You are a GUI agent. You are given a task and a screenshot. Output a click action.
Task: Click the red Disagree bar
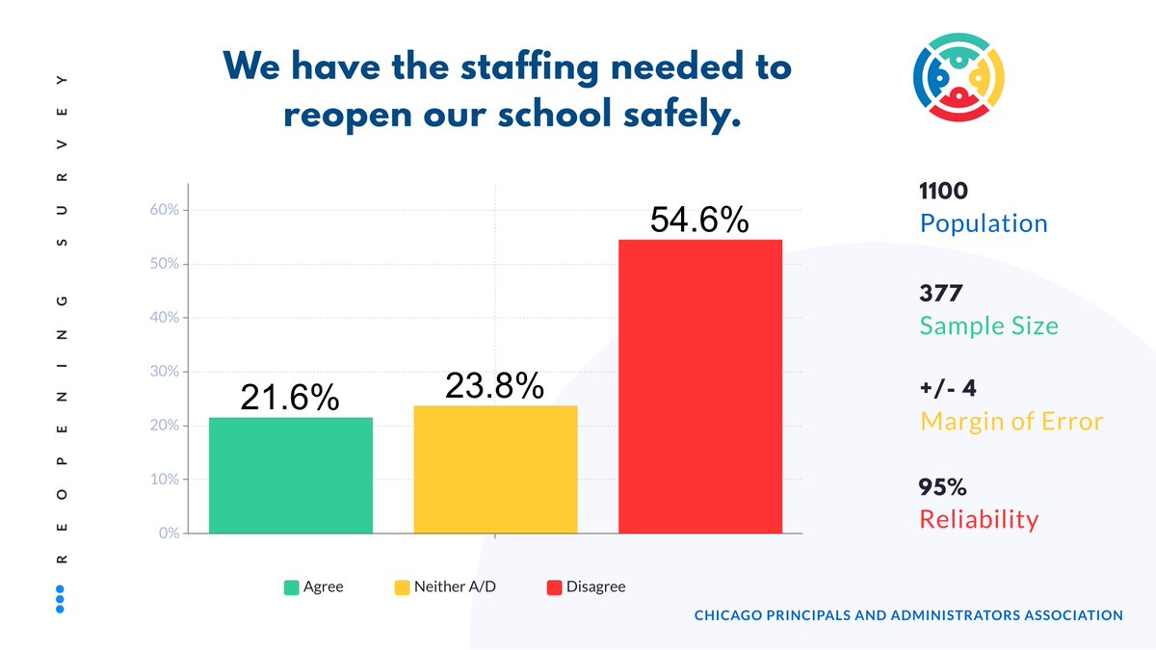(699, 386)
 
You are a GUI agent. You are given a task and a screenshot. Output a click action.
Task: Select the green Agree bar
(290, 475)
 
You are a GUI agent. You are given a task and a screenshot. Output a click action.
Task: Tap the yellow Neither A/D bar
(495, 469)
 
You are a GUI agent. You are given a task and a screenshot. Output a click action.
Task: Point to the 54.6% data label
(699, 221)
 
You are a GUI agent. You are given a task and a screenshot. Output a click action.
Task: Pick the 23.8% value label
(494, 386)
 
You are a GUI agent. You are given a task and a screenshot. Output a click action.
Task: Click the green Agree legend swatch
(291, 587)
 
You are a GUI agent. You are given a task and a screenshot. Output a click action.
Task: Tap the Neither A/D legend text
(455, 587)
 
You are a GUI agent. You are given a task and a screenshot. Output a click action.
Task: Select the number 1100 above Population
(944, 192)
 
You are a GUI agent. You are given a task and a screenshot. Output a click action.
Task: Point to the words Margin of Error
(1011, 422)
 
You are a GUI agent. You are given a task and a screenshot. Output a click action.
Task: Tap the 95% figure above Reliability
(942, 487)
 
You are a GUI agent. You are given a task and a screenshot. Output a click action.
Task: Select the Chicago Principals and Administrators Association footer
(908, 615)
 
